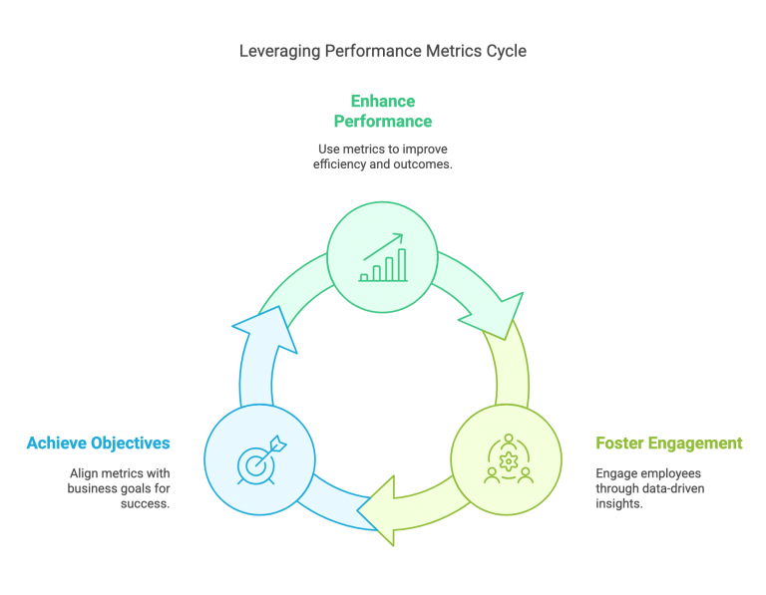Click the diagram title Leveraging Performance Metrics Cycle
[x=383, y=50]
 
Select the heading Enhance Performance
[x=383, y=111]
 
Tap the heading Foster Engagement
[x=668, y=443]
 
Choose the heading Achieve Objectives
[x=99, y=443]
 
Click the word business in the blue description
[x=93, y=488]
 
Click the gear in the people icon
[x=509, y=460]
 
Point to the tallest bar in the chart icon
[x=402, y=265]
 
